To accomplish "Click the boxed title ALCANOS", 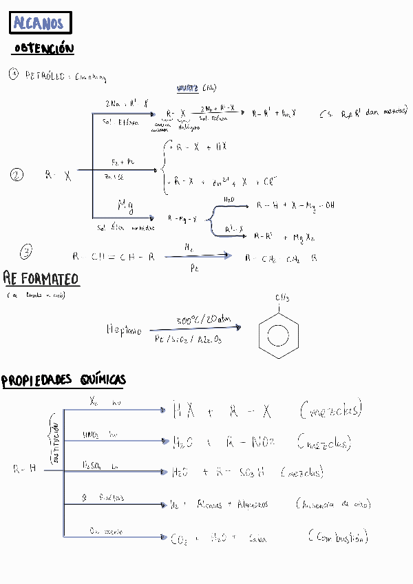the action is (x=41, y=23).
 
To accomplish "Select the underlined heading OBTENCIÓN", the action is (x=43, y=49).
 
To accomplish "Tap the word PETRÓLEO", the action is (x=45, y=75).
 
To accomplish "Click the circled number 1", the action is (x=14, y=74).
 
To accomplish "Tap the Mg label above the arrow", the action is (x=125, y=205).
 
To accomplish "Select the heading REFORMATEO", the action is (x=41, y=278).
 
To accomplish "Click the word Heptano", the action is (x=124, y=331).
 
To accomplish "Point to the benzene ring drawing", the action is (x=278, y=335).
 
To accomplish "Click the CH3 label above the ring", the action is (x=282, y=298).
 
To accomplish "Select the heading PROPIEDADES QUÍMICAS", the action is (x=63, y=380).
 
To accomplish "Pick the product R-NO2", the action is (x=252, y=441).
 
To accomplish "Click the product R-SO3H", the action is (x=242, y=472).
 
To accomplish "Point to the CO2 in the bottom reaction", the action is (x=178, y=539).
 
